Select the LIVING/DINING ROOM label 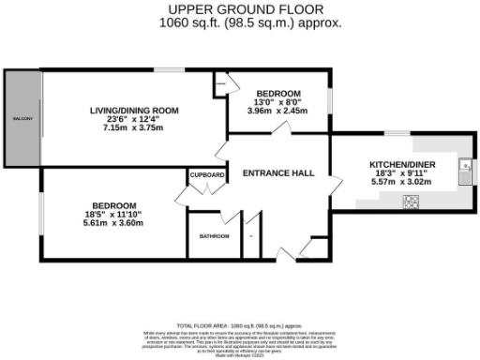point(133,111)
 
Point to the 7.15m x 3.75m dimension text point(133,129)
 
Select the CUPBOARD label point(207,175)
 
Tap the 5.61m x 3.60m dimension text point(113,224)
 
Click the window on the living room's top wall point(168,69)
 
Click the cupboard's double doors point(187,196)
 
